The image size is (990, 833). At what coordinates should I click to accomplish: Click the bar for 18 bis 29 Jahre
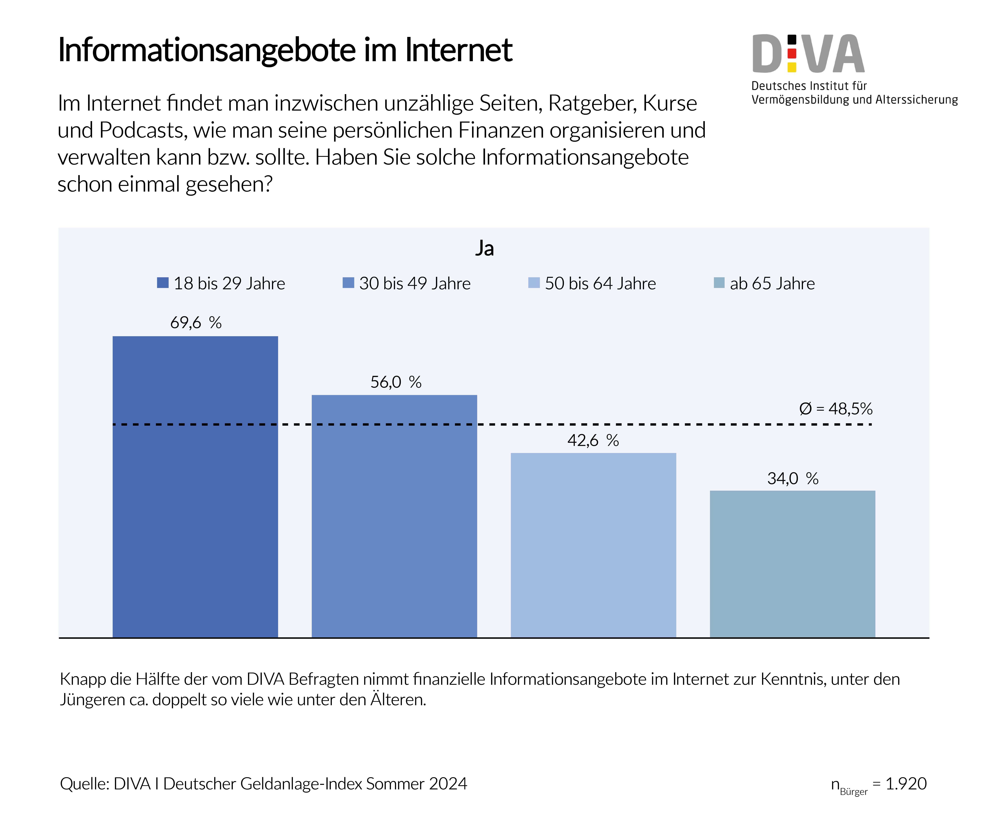click(x=195, y=486)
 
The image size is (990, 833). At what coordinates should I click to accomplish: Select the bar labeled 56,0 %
click(x=394, y=516)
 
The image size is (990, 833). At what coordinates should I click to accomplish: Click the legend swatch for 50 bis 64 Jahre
click(x=534, y=283)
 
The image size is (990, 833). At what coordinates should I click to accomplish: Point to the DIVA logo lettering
click(x=808, y=54)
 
